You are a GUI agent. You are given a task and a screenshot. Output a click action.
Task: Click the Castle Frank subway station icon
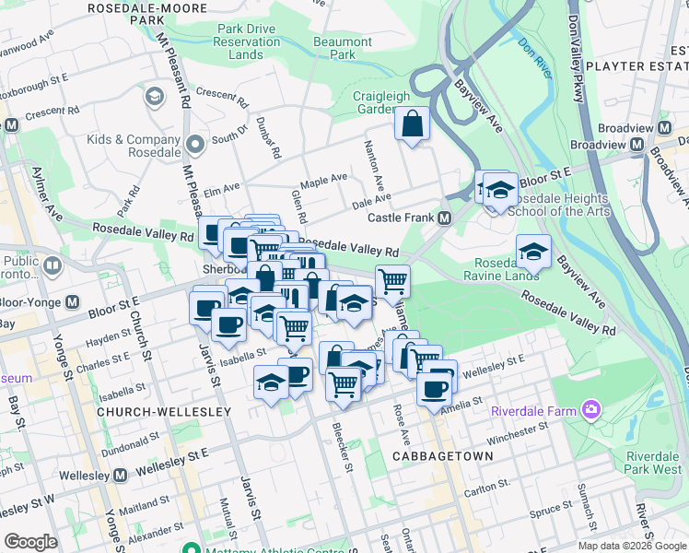[445, 218]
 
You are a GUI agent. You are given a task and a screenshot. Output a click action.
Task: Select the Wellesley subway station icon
[120, 476]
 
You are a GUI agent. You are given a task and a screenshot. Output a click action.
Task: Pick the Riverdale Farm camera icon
[590, 409]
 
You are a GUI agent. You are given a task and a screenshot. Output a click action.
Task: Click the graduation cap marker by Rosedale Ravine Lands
[533, 251]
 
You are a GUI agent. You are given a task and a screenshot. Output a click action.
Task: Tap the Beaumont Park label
[342, 48]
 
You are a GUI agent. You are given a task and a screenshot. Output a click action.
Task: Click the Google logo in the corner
[30, 541]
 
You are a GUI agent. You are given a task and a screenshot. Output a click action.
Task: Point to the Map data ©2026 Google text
[630, 546]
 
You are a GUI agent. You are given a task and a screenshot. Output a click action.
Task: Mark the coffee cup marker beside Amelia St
[434, 388]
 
